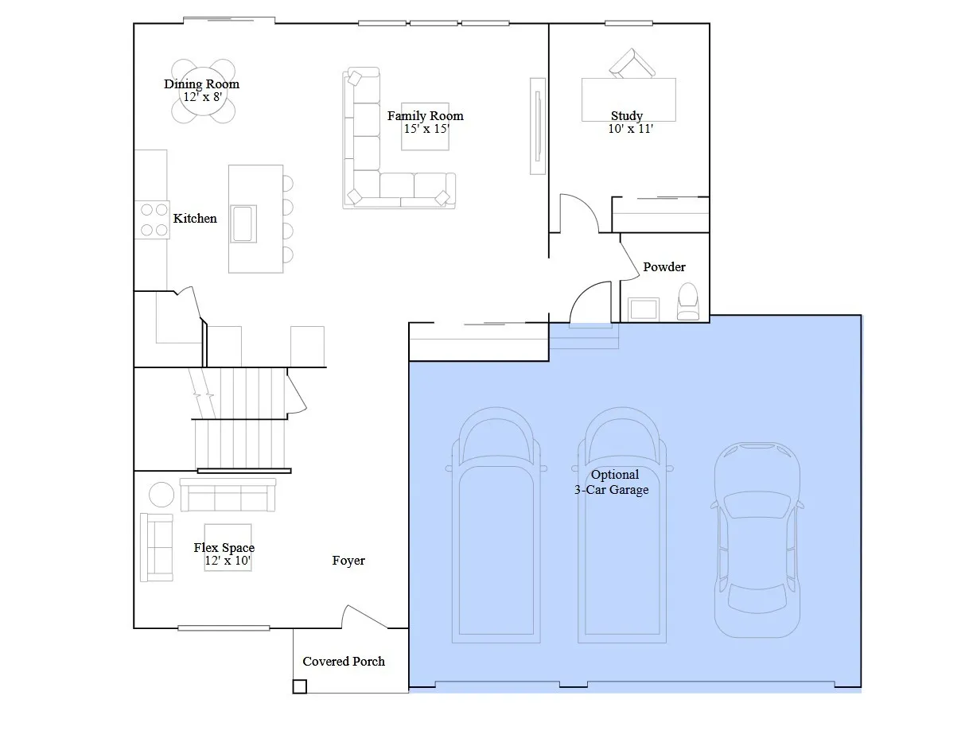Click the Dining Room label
click(201, 84)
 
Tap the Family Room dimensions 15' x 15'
click(426, 129)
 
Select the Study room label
click(627, 116)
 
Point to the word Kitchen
click(195, 219)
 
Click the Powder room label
click(664, 266)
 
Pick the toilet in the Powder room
click(687, 301)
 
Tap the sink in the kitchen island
click(243, 223)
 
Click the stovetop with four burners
click(152, 219)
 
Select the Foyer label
click(348, 561)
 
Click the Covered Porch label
click(343, 661)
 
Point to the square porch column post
click(299, 686)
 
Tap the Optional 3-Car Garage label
click(612, 482)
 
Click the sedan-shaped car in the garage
click(757, 540)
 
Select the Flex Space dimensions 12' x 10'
click(228, 561)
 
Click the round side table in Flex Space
click(161, 495)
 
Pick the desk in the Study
click(628, 99)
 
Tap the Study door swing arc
click(586, 207)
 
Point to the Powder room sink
click(644, 309)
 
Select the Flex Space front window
click(224, 628)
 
